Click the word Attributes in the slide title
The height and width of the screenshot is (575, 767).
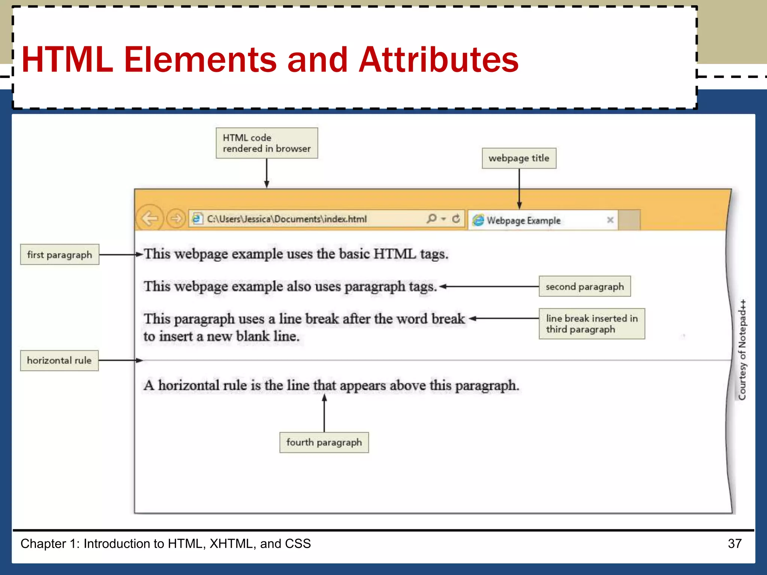438,60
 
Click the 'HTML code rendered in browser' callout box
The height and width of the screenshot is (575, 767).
267,143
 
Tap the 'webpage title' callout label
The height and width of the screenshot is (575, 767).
519,158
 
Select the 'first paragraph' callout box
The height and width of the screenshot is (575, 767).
60,255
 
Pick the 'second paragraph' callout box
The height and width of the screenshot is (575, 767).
584,286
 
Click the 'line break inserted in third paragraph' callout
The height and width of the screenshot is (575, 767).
591,324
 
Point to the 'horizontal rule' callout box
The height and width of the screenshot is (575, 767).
59,360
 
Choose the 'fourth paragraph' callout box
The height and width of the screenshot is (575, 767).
324,442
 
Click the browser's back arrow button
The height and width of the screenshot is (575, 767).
150,218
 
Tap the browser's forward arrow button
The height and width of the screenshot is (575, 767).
176,218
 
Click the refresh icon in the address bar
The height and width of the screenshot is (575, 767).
456,218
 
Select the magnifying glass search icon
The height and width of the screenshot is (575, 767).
431,218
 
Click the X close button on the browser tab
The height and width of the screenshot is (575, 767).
610,220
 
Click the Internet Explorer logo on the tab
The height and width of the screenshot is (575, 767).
478,220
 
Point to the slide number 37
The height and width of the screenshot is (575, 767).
734,544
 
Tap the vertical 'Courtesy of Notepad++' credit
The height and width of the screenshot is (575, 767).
742,350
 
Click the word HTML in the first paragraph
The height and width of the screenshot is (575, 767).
394,254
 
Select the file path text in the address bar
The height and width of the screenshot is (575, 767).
287,219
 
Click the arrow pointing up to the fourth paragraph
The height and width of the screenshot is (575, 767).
324,412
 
